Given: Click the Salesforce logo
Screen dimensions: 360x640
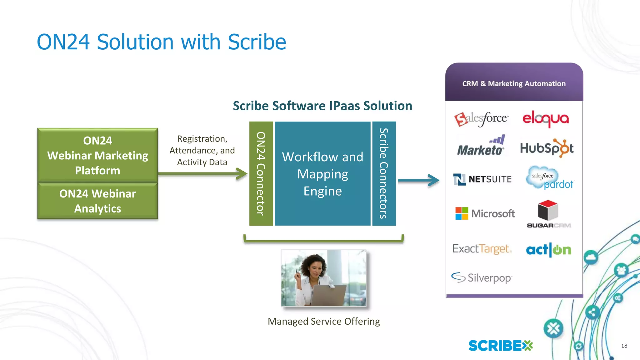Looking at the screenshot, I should point(481,119).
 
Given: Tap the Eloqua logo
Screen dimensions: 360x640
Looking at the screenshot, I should point(546,119).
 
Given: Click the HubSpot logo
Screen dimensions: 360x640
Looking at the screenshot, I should point(547,148).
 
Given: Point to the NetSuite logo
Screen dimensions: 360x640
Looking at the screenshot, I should point(482,179).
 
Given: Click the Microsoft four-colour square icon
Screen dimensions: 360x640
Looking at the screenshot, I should point(462,213).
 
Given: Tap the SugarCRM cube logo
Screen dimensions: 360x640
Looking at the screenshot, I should point(548,211).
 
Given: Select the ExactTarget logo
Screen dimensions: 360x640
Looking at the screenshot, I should point(482,249).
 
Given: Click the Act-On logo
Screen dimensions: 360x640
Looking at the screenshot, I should point(548,250).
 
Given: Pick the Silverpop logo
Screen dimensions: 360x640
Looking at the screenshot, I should point(481,277).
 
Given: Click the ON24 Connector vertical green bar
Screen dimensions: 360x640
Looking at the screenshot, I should point(261,173).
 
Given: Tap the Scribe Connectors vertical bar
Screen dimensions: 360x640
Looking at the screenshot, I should point(384,173).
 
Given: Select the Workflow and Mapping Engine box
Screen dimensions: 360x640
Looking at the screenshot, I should point(322,173).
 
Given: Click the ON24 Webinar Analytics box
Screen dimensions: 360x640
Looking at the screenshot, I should point(97,201).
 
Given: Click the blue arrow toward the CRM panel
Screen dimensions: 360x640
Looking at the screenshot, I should point(418,180).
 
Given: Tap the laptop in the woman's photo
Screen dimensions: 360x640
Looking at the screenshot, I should point(328,296).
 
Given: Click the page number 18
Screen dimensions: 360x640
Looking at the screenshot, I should point(624,346).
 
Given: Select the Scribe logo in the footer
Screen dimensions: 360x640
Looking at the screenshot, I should point(500,346).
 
